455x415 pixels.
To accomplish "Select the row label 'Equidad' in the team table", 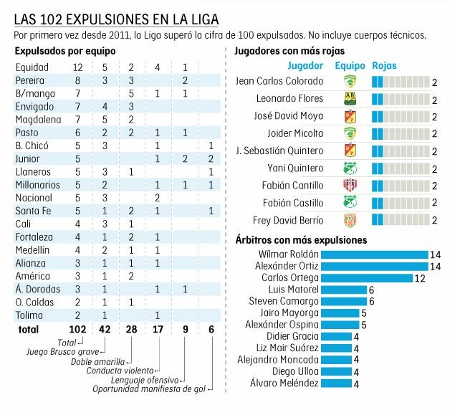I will coord(32,67).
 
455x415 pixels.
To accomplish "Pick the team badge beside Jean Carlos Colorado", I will coord(350,82).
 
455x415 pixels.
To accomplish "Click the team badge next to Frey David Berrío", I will coord(350,221).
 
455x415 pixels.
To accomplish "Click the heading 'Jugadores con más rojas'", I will coord(289,51).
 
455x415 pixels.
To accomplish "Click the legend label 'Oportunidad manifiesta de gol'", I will coord(149,390).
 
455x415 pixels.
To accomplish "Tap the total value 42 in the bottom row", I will coord(104,330).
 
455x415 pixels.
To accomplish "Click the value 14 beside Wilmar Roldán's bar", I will coord(435,254).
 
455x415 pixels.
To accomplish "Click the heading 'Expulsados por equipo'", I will coord(59,51).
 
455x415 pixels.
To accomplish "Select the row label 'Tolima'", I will coord(29,315).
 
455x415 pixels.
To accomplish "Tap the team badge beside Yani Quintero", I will coord(350,168).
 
